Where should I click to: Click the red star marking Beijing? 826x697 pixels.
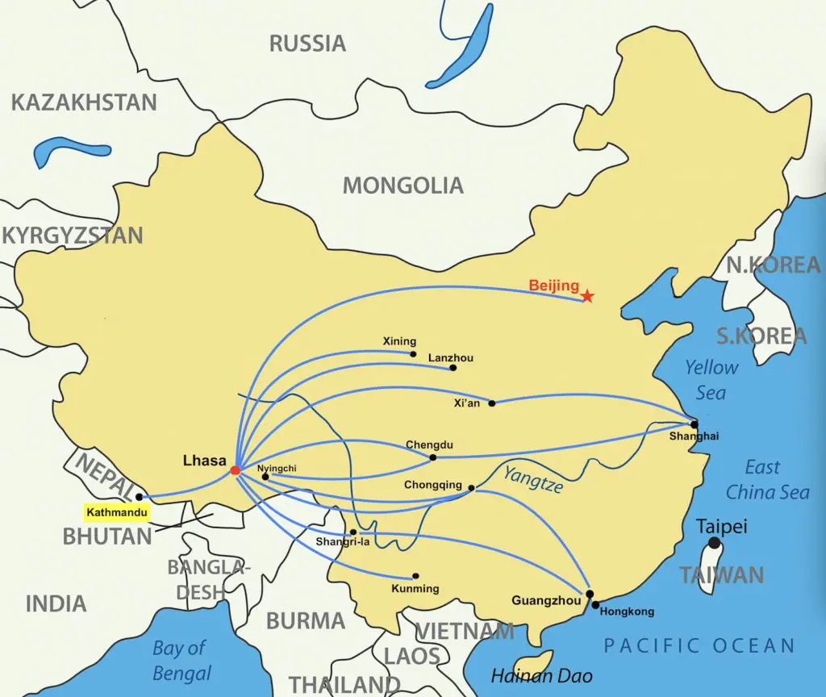tap(587, 296)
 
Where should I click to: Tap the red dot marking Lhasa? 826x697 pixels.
tap(235, 470)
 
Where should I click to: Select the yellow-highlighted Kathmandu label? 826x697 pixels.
tap(117, 511)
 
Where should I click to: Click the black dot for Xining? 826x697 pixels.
tap(413, 353)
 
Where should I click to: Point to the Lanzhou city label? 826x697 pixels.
tap(451, 357)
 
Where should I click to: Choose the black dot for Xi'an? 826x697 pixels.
tap(492, 403)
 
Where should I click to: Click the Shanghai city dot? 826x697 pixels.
tap(694, 424)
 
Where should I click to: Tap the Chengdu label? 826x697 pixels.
tap(429, 444)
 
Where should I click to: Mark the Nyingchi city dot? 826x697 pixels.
tap(265, 477)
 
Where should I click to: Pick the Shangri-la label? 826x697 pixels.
tap(343, 541)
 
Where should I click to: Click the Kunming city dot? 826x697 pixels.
tap(415, 576)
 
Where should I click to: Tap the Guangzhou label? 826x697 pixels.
tap(545, 600)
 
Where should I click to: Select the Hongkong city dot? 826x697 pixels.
tap(595, 604)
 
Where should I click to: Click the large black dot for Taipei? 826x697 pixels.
tap(713, 545)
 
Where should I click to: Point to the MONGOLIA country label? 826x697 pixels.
tap(403, 186)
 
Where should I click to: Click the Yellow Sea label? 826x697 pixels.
tap(711, 380)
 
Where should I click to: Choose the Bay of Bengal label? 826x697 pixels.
tap(181, 660)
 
